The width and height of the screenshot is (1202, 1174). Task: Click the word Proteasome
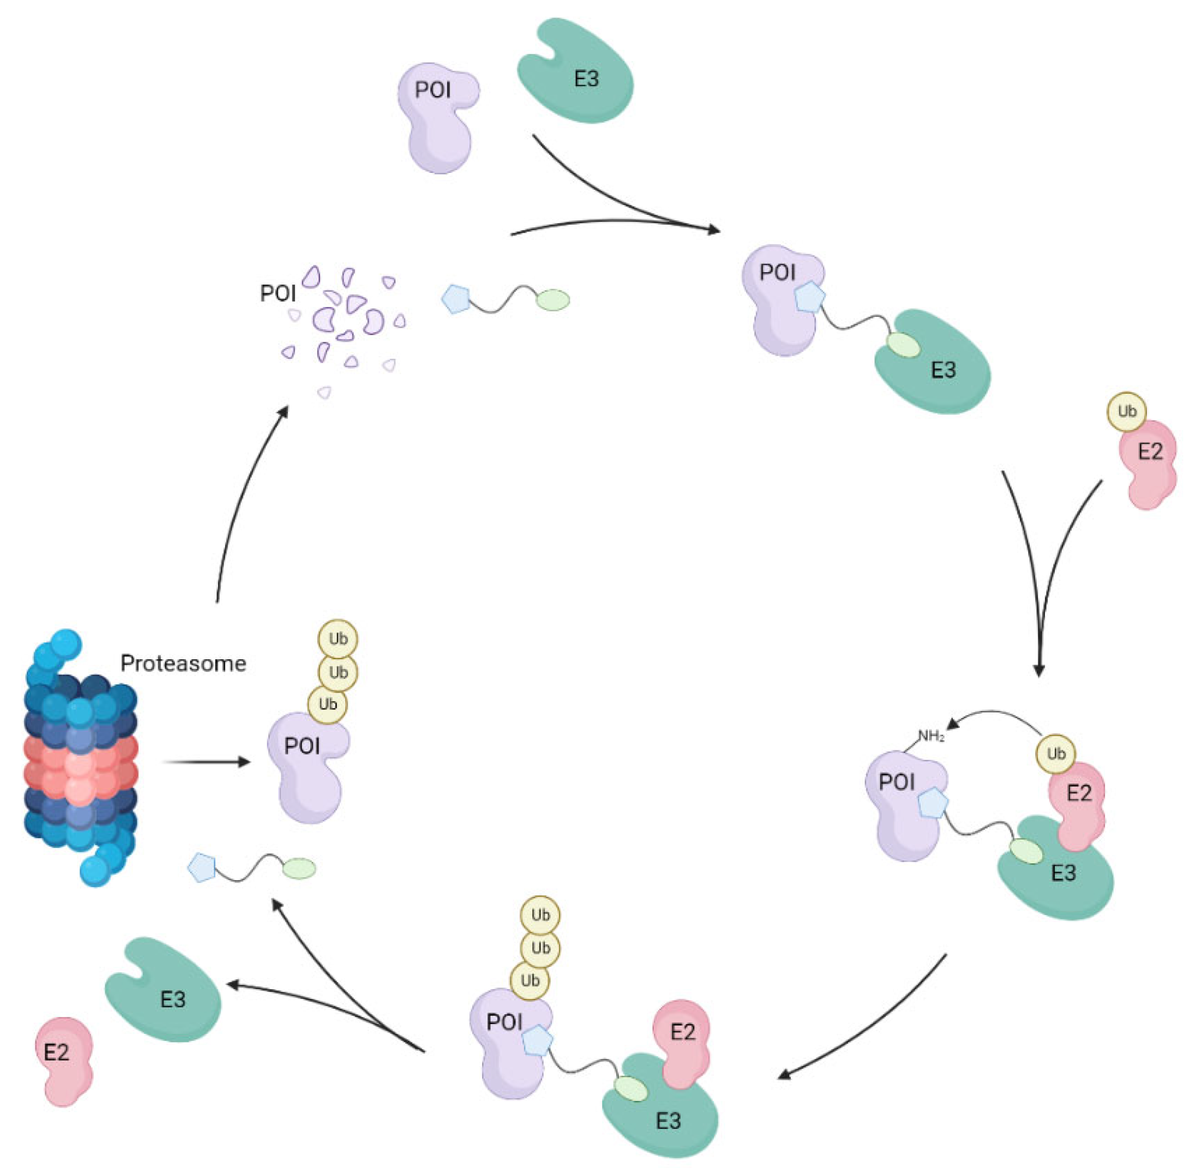tap(183, 664)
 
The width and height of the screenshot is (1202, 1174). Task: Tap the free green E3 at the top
tap(576, 74)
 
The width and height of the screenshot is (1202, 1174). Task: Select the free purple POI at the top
tap(437, 117)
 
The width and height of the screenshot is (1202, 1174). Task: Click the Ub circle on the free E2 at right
tap(1127, 411)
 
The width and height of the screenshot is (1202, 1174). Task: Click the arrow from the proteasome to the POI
tap(207, 762)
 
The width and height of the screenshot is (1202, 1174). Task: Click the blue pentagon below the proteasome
tap(202, 868)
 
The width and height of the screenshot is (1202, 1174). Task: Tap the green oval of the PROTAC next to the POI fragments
tap(552, 300)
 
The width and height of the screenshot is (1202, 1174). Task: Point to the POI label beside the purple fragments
tap(278, 293)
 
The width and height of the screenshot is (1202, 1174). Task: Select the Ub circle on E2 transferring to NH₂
tap(1056, 754)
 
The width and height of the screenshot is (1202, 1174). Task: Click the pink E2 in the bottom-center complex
tap(683, 1042)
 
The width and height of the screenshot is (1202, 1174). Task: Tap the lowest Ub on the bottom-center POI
tap(530, 980)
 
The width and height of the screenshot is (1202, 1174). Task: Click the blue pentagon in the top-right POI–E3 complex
tap(809, 298)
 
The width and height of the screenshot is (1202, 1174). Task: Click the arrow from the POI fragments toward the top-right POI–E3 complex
tap(617, 222)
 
